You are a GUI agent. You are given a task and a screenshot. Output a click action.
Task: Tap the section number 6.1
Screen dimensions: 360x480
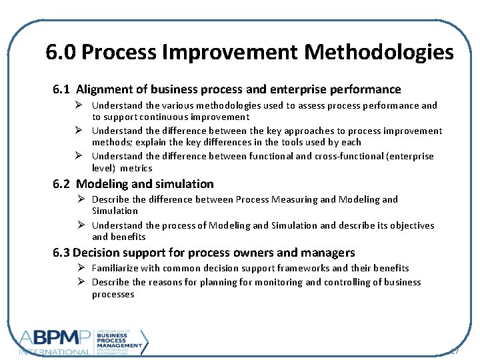tap(62, 89)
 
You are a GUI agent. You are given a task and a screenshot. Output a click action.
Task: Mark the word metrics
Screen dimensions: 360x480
tap(137, 168)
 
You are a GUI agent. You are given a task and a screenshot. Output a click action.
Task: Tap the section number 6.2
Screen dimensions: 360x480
tap(62, 184)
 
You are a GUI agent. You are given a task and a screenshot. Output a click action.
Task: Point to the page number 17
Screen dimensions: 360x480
tap(455, 351)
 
